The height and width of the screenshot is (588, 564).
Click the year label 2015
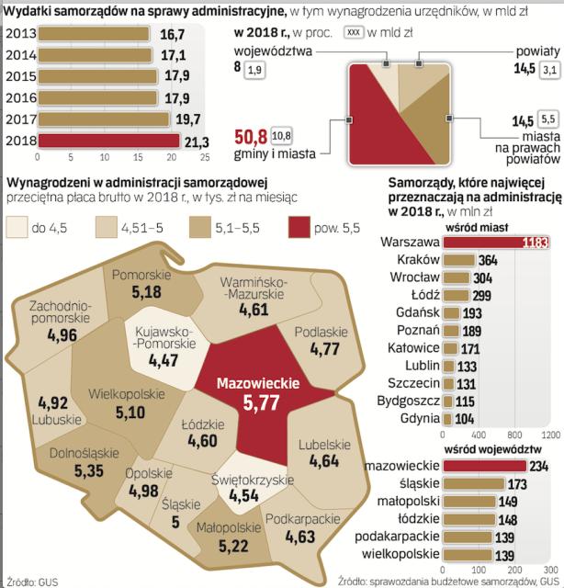(22, 76)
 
